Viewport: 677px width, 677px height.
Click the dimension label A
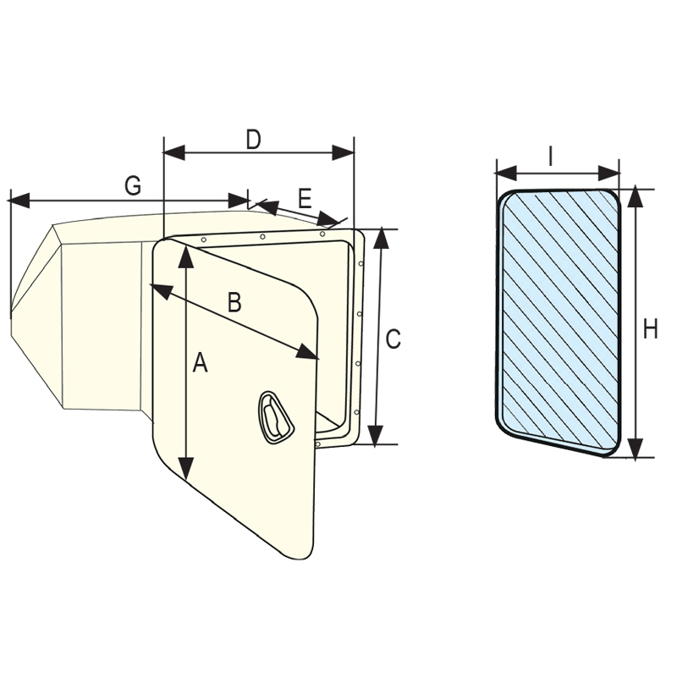(x=200, y=363)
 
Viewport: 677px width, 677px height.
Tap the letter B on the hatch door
(x=234, y=302)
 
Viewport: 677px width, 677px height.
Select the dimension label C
(x=393, y=338)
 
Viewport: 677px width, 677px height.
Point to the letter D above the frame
(x=252, y=140)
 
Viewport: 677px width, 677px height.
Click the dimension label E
(x=305, y=199)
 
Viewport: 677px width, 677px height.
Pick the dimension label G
(x=132, y=187)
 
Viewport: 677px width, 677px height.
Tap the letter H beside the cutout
(x=650, y=329)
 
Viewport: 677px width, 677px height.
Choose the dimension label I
(x=551, y=156)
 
